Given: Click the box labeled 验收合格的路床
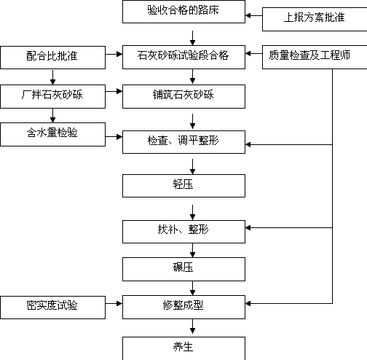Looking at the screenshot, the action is (183, 12).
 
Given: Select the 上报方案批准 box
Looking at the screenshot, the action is (315, 19).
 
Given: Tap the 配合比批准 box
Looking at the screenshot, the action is (52, 58).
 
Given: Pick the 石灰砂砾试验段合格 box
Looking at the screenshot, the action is (183, 57).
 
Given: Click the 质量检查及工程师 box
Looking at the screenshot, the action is (315, 57).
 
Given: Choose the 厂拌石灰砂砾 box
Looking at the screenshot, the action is (52, 96).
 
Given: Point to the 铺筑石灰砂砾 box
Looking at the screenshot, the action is (183, 96).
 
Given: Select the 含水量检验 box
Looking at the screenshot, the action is (52, 134).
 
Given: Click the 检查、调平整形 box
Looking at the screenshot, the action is (183, 142).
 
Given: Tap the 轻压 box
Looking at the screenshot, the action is (183, 186).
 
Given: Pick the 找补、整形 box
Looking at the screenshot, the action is (183, 232).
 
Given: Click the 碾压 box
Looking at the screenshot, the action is (183, 269).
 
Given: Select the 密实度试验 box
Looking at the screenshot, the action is (52, 308).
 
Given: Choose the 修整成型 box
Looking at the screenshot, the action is (183, 307).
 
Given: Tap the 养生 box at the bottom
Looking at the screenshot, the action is (183, 348).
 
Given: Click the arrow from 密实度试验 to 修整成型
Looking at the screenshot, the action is (114, 303).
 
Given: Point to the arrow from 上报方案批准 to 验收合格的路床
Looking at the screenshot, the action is (254, 15).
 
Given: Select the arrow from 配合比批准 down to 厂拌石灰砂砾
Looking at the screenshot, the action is (52, 77).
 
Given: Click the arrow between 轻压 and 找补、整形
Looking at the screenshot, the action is (192, 212).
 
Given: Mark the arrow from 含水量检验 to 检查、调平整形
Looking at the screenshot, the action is (114, 137).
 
